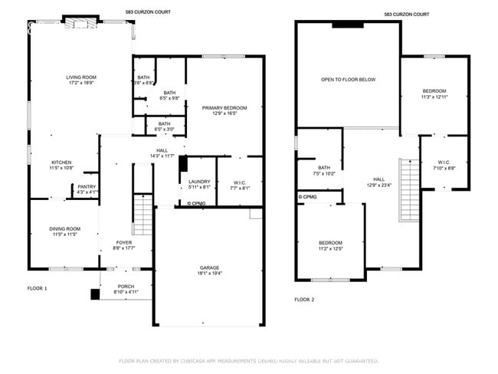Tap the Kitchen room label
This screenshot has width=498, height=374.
[x=61, y=162]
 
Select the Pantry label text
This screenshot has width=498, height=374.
[x=87, y=186]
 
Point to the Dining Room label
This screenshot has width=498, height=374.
[x=65, y=228]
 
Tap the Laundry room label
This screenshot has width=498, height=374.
[x=200, y=181]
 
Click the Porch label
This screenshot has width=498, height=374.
[x=126, y=287]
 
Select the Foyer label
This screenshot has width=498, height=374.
[x=124, y=242]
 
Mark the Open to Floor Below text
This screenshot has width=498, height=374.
[x=348, y=80]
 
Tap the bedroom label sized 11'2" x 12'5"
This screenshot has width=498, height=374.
[x=330, y=244]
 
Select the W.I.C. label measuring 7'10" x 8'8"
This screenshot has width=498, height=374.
[x=444, y=162]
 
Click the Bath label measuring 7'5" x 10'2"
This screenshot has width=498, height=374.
[x=324, y=168]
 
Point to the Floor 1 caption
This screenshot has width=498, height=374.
[x=38, y=288]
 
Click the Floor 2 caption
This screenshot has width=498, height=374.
[x=305, y=300]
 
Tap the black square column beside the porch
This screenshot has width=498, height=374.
[x=95, y=294]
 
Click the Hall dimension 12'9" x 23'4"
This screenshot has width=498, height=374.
[x=378, y=184]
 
